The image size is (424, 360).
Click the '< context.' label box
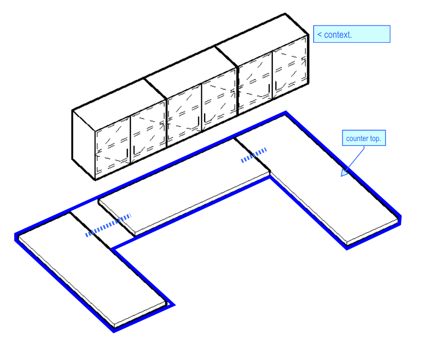[x=352, y=34]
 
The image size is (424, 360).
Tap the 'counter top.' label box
[x=364, y=139]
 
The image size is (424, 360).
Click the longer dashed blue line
[x=108, y=225]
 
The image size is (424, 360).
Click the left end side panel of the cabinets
[x=83, y=144]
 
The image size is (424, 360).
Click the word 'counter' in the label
[x=357, y=139]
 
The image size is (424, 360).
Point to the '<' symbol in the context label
[x=319, y=35]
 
